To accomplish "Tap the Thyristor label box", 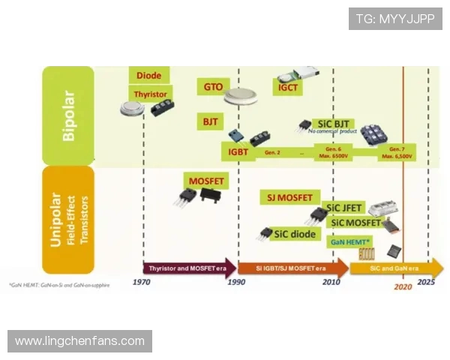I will click(151, 94).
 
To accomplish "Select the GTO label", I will click(213, 87).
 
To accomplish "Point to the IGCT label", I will click(289, 88).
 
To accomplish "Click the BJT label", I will click(209, 121).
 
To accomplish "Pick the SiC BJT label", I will click(334, 124).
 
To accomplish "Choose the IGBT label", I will click(238, 152).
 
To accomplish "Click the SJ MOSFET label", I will click(289, 198).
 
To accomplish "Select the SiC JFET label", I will click(342, 208).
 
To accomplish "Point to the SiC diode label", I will click(295, 233).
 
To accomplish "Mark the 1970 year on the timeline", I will click(142, 282).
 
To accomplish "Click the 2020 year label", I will click(403, 286).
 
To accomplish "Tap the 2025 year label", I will click(426, 282).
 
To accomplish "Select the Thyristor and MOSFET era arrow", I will click(187, 268).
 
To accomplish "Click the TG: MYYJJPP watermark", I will click(394, 19).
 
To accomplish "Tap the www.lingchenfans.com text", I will click(79, 341).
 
